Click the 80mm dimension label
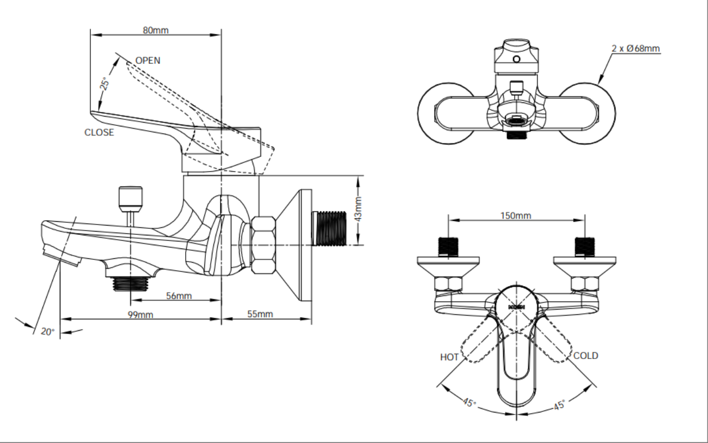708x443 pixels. click(156, 29)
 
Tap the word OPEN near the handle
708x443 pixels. click(148, 60)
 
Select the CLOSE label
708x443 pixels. click(99, 132)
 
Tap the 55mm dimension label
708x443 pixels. click(260, 314)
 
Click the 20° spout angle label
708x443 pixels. click(47, 331)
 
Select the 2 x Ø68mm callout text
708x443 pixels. click(636, 48)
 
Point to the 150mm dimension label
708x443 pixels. click(516, 215)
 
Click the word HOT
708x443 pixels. click(449, 357)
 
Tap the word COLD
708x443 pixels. click(585, 356)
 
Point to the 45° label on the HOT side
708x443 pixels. click(469, 403)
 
